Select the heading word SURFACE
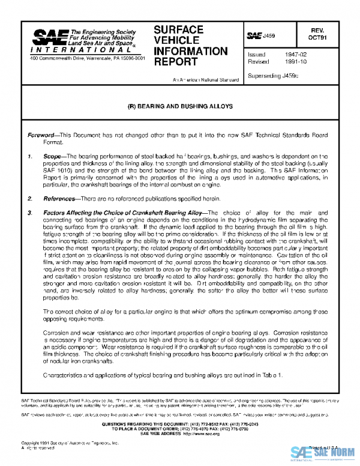tap(178, 29)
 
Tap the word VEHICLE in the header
tap(175, 40)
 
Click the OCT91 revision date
tap(334, 37)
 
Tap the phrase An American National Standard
tap(202, 79)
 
